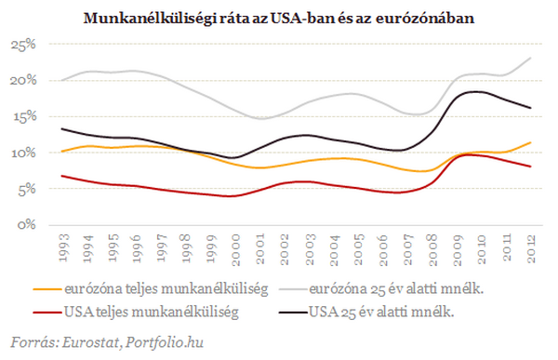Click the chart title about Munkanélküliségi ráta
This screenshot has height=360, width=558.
[x=279, y=18]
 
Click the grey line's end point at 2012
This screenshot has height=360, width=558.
[x=532, y=59]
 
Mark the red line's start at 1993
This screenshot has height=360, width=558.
[x=62, y=176]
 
